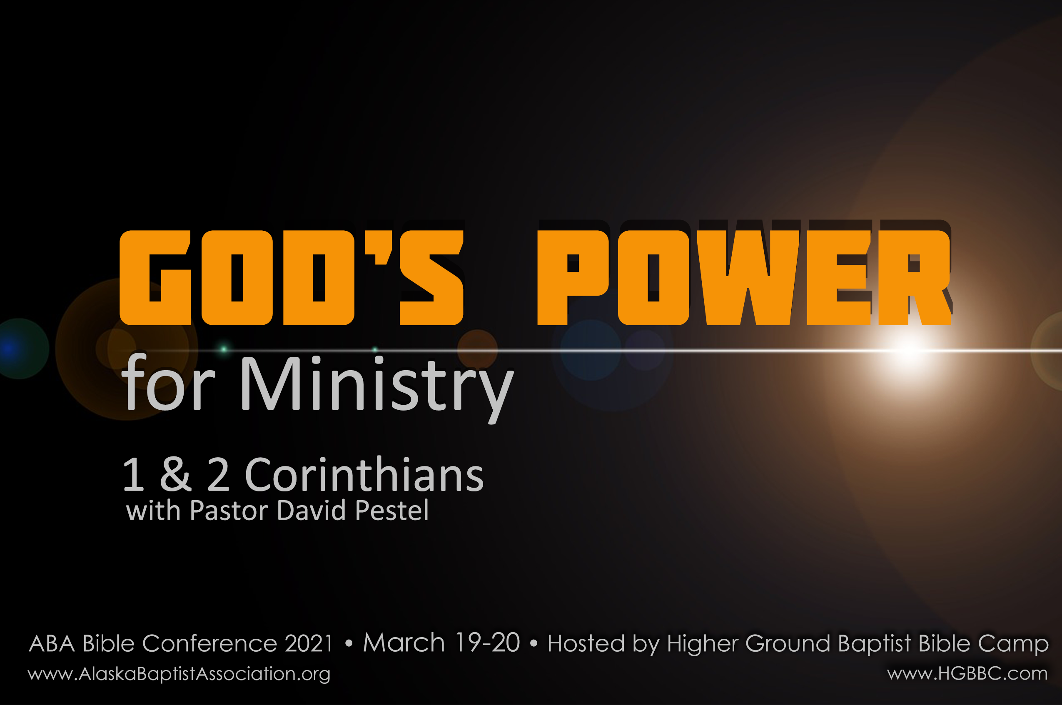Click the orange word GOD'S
(292, 277)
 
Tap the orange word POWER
(745, 277)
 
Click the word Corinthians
(364, 475)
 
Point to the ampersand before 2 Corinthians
(176, 475)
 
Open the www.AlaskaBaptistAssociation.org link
(179, 673)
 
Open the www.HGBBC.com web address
(967, 673)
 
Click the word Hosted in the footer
(586, 643)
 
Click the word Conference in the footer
(209, 643)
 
